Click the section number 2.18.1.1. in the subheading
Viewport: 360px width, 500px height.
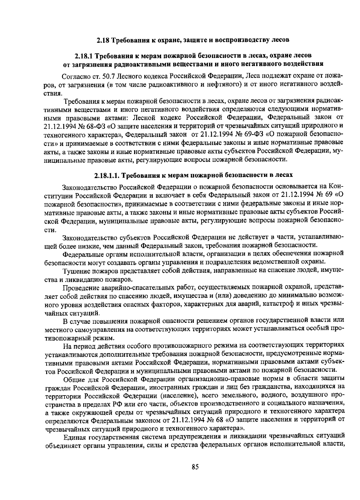(x=107, y=175)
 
